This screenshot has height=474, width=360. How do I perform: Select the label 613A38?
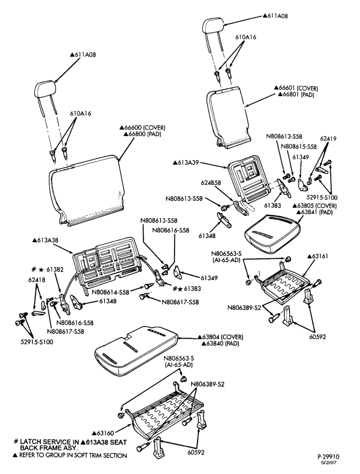[x=45, y=240]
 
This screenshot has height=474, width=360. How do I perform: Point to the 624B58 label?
[x=211, y=183]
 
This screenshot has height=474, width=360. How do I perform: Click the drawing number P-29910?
[x=330, y=457]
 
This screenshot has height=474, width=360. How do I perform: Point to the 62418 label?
[x=37, y=280]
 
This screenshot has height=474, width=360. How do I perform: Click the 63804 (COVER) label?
[x=220, y=337]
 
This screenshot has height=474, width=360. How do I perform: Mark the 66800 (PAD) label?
[x=142, y=134]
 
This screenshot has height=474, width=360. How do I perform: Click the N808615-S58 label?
[x=299, y=146]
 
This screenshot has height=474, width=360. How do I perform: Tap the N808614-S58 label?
[x=110, y=292]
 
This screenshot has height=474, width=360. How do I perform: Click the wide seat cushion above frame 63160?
[x=136, y=349]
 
